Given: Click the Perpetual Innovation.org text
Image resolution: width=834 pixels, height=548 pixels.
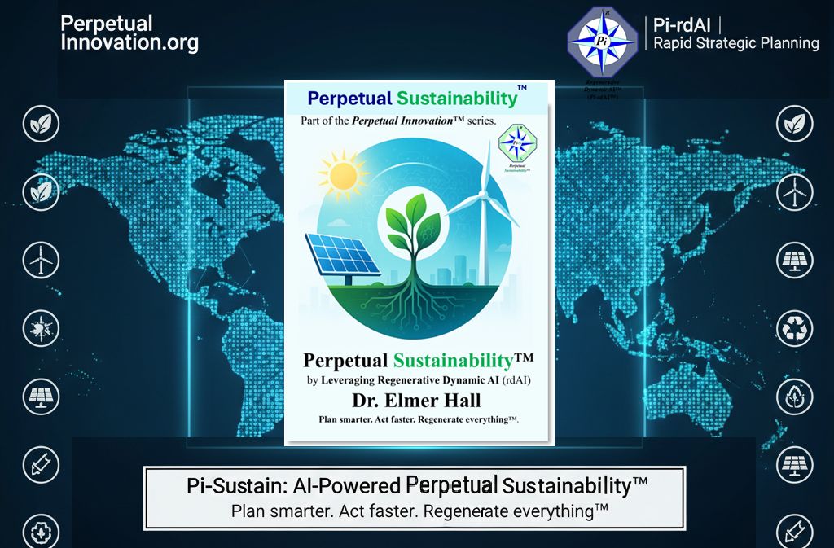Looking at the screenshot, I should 129,33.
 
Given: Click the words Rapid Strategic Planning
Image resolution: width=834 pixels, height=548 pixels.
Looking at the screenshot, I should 736,43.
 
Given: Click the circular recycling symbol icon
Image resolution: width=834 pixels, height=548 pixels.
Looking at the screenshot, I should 793,327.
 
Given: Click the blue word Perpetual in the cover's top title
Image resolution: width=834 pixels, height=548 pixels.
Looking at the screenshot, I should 349,99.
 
